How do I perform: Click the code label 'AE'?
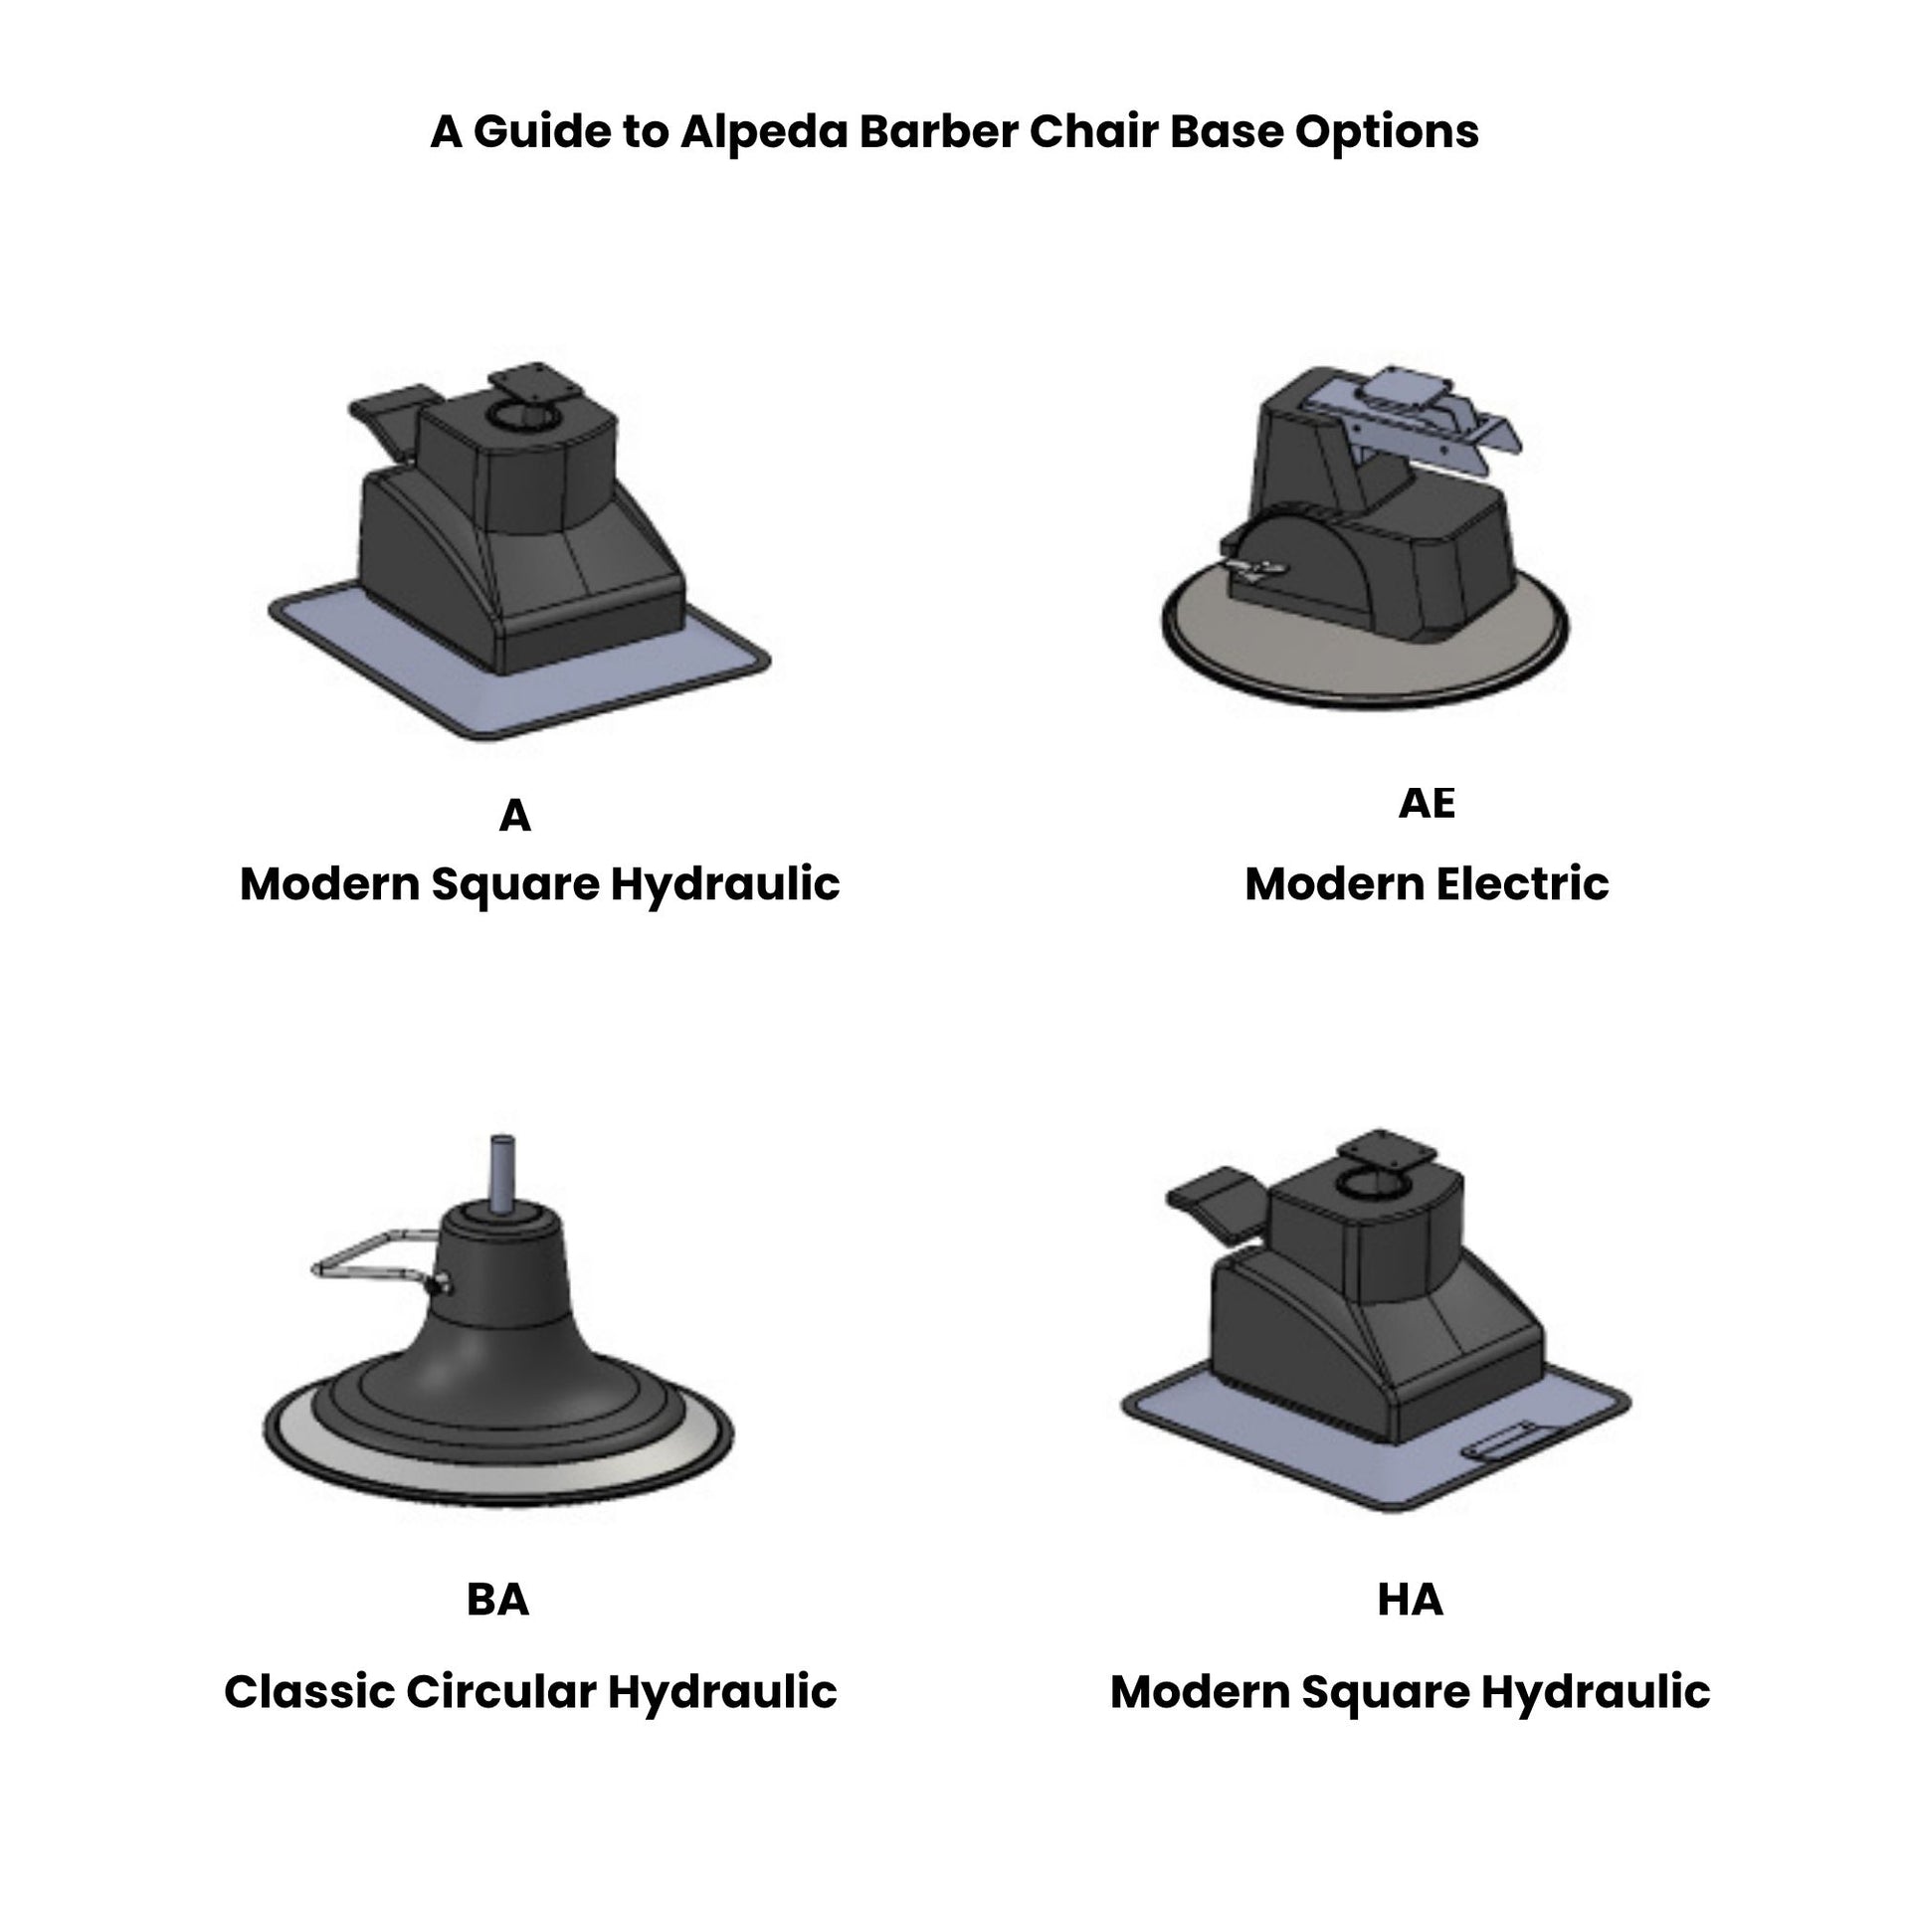(x=1427, y=803)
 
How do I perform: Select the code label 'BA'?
(x=498, y=1599)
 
